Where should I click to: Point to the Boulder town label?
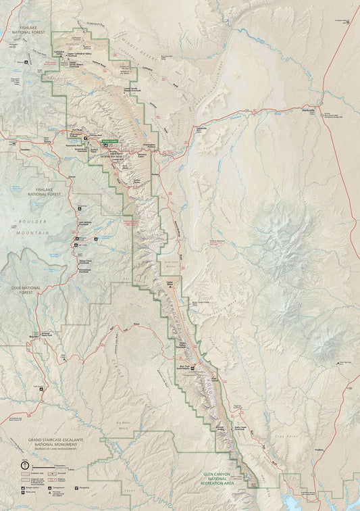pyautogui.click(x=34, y=335)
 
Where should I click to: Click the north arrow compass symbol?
pyautogui.click(x=24, y=464)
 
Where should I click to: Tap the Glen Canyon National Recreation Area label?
pyautogui.click(x=224, y=479)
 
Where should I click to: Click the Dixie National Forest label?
pyautogui.click(x=26, y=289)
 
